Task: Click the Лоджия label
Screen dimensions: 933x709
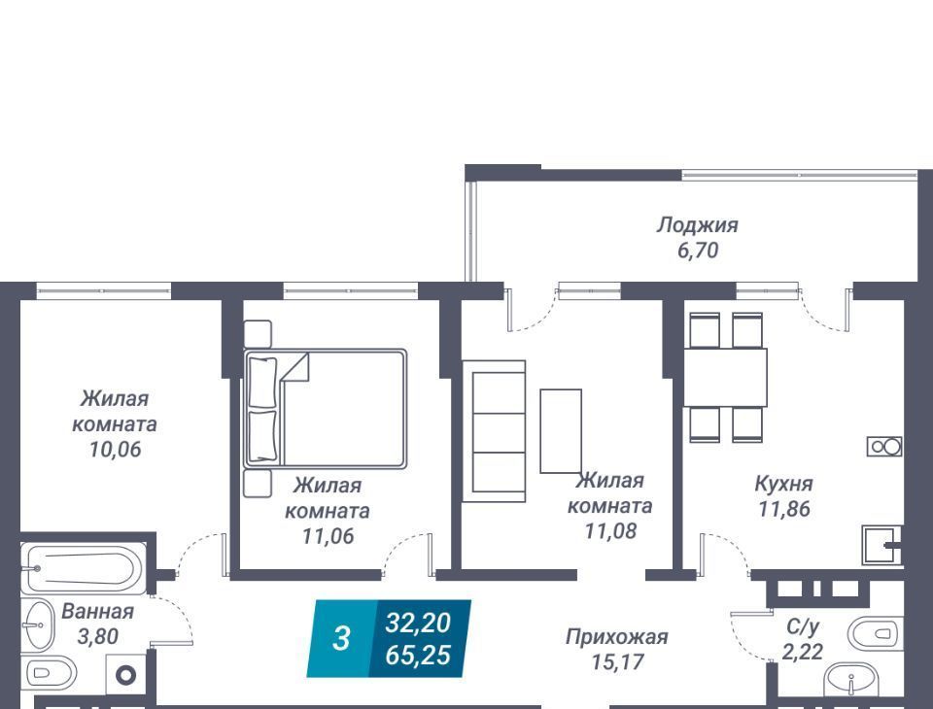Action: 698,225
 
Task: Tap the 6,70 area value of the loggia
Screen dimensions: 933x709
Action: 698,251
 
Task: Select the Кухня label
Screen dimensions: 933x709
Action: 783,484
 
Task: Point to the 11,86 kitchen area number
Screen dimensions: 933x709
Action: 784,509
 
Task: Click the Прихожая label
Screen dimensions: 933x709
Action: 617,637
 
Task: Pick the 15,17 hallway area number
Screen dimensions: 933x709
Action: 618,662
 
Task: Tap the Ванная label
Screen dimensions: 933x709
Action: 97,612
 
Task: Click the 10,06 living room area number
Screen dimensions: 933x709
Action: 116,450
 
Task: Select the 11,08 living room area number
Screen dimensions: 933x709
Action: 610,530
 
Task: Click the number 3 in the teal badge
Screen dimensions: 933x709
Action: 341,639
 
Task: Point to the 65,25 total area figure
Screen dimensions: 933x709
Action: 418,655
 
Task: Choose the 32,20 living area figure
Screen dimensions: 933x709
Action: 418,624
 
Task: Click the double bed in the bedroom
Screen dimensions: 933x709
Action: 326,409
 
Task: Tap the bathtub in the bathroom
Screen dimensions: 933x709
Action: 84,568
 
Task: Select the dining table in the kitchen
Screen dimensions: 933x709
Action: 725,378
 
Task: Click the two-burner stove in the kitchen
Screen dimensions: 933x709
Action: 884,446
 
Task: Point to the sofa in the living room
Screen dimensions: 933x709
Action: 494,431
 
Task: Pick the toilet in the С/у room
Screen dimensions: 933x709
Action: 876,634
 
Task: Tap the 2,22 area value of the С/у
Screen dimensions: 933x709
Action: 803,652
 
